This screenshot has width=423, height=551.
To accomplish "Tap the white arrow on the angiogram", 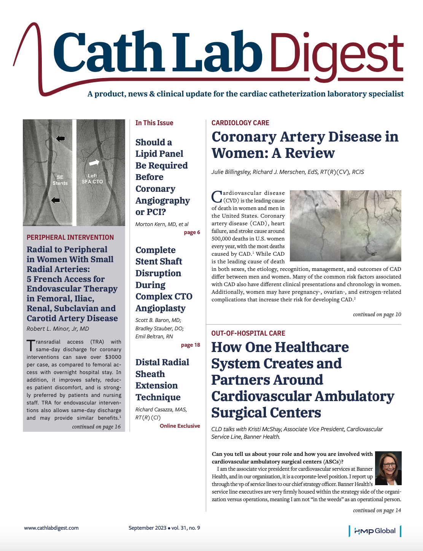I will point(94,163).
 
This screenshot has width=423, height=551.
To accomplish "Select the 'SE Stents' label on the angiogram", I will point(60,180).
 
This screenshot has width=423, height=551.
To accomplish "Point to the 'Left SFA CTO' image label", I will point(92,179).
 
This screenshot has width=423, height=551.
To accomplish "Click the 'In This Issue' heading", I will point(154,123).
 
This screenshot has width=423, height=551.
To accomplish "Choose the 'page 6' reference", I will point(192,233).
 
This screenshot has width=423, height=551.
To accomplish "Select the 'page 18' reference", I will point(190,345).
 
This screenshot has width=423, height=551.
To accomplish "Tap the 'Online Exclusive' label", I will point(180,426).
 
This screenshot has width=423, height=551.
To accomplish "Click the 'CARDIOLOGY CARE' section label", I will point(240,123).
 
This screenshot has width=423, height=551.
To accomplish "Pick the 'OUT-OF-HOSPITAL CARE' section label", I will point(248,333).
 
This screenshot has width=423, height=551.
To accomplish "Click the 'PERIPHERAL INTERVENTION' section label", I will point(70,237).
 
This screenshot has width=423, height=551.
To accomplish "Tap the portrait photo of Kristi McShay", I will point(388,468).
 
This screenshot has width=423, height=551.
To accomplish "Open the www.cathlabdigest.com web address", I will point(51,528).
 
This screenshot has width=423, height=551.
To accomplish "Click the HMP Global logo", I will point(375,531).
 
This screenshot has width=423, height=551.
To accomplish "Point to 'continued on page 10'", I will point(377,314).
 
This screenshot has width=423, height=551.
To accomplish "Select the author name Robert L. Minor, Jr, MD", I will point(58,329).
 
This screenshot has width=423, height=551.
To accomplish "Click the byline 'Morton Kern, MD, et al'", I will point(162,224).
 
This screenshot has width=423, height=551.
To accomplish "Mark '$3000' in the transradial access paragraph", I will point(113,357).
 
